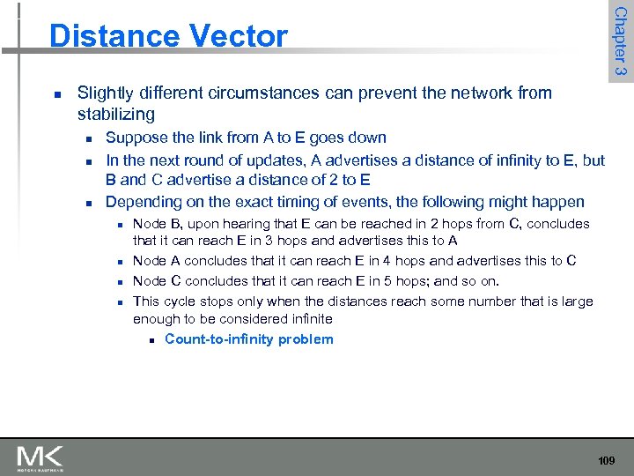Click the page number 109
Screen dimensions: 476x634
pos(607,461)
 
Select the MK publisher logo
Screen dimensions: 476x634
pos(41,458)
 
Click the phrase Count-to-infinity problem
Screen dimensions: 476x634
pos(248,339)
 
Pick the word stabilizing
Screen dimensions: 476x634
pos(116,114)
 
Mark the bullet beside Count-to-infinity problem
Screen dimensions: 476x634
pos(152,340)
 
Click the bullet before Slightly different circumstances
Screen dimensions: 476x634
pos(57,93)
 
